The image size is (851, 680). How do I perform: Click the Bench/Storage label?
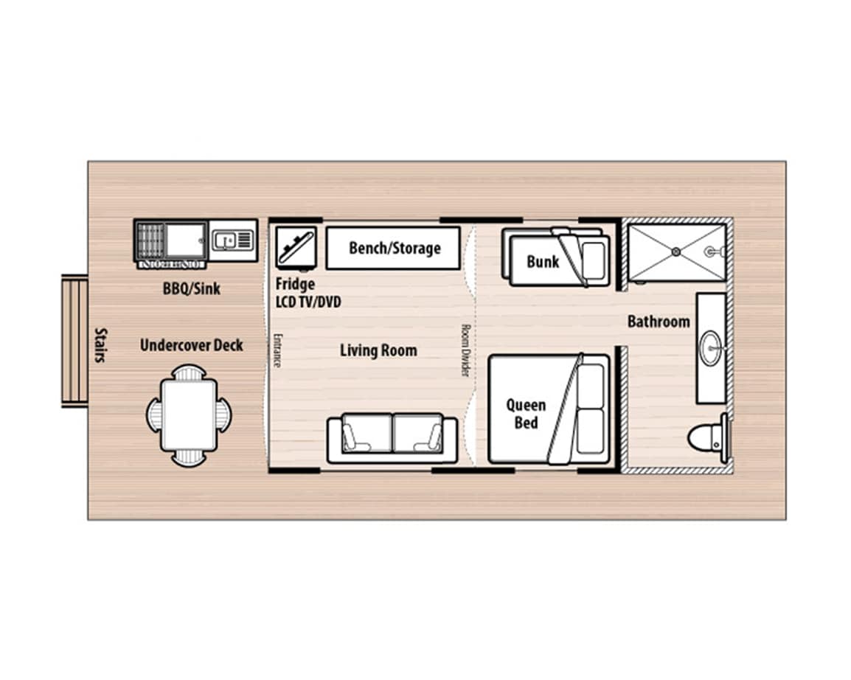pos(395,248)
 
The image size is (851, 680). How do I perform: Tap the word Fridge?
pos(295,284)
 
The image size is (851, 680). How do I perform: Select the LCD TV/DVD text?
pos(308,302)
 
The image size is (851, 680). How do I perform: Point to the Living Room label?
pos(378,350)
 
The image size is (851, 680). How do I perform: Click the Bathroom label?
pos(659,322)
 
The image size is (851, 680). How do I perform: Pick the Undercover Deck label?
pos(192,345)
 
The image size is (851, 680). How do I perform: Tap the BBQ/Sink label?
pos(192,288)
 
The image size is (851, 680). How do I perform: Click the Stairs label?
pos(101,345)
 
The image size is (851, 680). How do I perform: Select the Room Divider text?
pos(465,350)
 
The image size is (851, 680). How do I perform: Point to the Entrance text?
pos(277,350)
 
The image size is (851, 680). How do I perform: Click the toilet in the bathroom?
pos(708,437)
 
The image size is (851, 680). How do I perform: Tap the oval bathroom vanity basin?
pos(710,348)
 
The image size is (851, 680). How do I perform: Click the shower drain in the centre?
pos(676,251)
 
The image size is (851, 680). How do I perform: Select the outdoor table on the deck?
pos(189,415)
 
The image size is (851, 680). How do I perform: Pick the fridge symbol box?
pos(296,248)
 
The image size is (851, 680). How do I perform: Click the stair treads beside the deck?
pos(75,341)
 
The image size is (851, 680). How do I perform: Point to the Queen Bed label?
pos(526,414)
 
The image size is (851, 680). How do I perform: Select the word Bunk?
pos(543,262)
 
